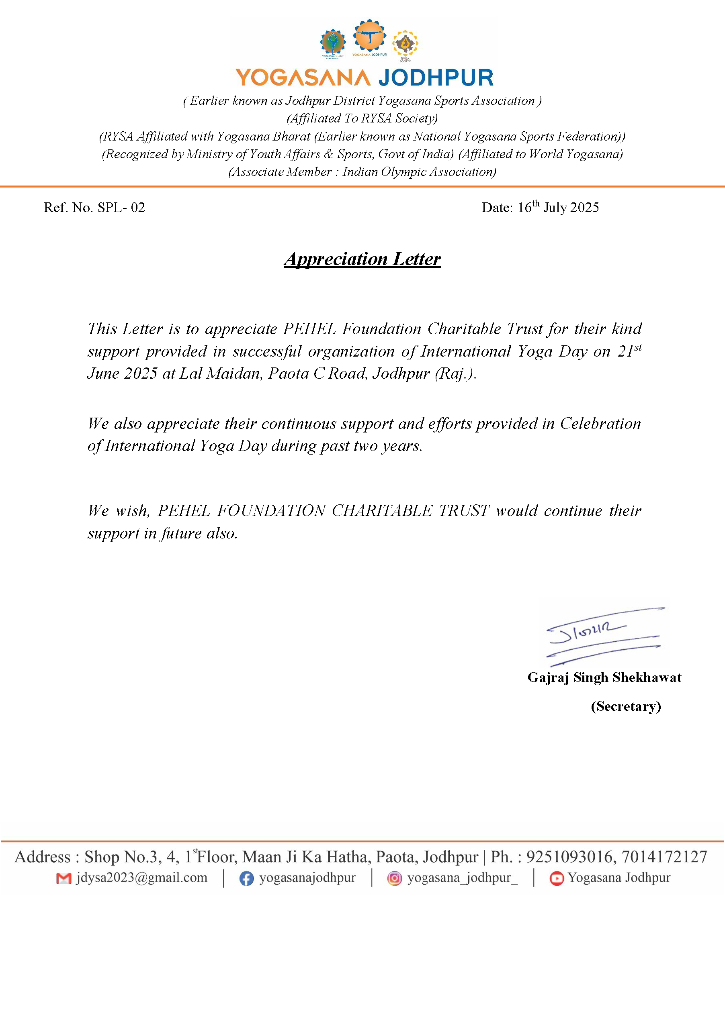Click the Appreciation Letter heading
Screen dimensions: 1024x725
pyautogui.click(x=362, y=259)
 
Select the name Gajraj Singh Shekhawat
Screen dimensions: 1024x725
pyautogui.click(x=604, y=677)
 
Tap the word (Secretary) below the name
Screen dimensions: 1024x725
pyautogui.click(x=625, y=706)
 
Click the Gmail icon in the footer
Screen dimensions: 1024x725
pyautogui.click(x=64, y=878)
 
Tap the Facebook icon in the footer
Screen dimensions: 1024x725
pyautogui.click(x=246, y=878)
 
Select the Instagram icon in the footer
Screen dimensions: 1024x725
pyautogui.click(x=394, y=878)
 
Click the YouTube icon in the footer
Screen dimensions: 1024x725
pyautogui.click(x=556, y=878)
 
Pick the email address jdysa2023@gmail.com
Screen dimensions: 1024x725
pyautogui.click(x=141, y=877)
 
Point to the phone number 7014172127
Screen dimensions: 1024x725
pyautogui.click(x=664, y=857)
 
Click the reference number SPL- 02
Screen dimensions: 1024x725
pyautogui.click(x=121, y=207)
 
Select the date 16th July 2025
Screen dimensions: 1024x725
pyautogui.click(x=558, y=207)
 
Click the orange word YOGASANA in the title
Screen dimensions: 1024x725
pyautogui.click(x=303, y=78)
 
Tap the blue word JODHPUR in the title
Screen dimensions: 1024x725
pyautogui.click(x=436, y=78)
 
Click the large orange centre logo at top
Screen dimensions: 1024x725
pyautogui.click(x=369, y=35)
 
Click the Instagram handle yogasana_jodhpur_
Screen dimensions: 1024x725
pyautogui.click(x=462, y=877)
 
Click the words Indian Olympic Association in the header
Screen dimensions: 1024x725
pyautogui.click(x=419, y=172)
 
